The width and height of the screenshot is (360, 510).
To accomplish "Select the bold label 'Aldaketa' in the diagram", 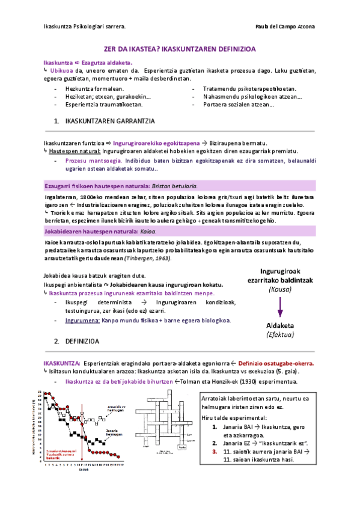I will point(279,324).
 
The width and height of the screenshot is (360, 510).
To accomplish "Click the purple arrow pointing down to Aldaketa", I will point(280,307).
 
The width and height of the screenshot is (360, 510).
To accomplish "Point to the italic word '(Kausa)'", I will point(279,289).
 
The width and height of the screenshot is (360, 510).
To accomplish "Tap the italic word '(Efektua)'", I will point(279,334).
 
